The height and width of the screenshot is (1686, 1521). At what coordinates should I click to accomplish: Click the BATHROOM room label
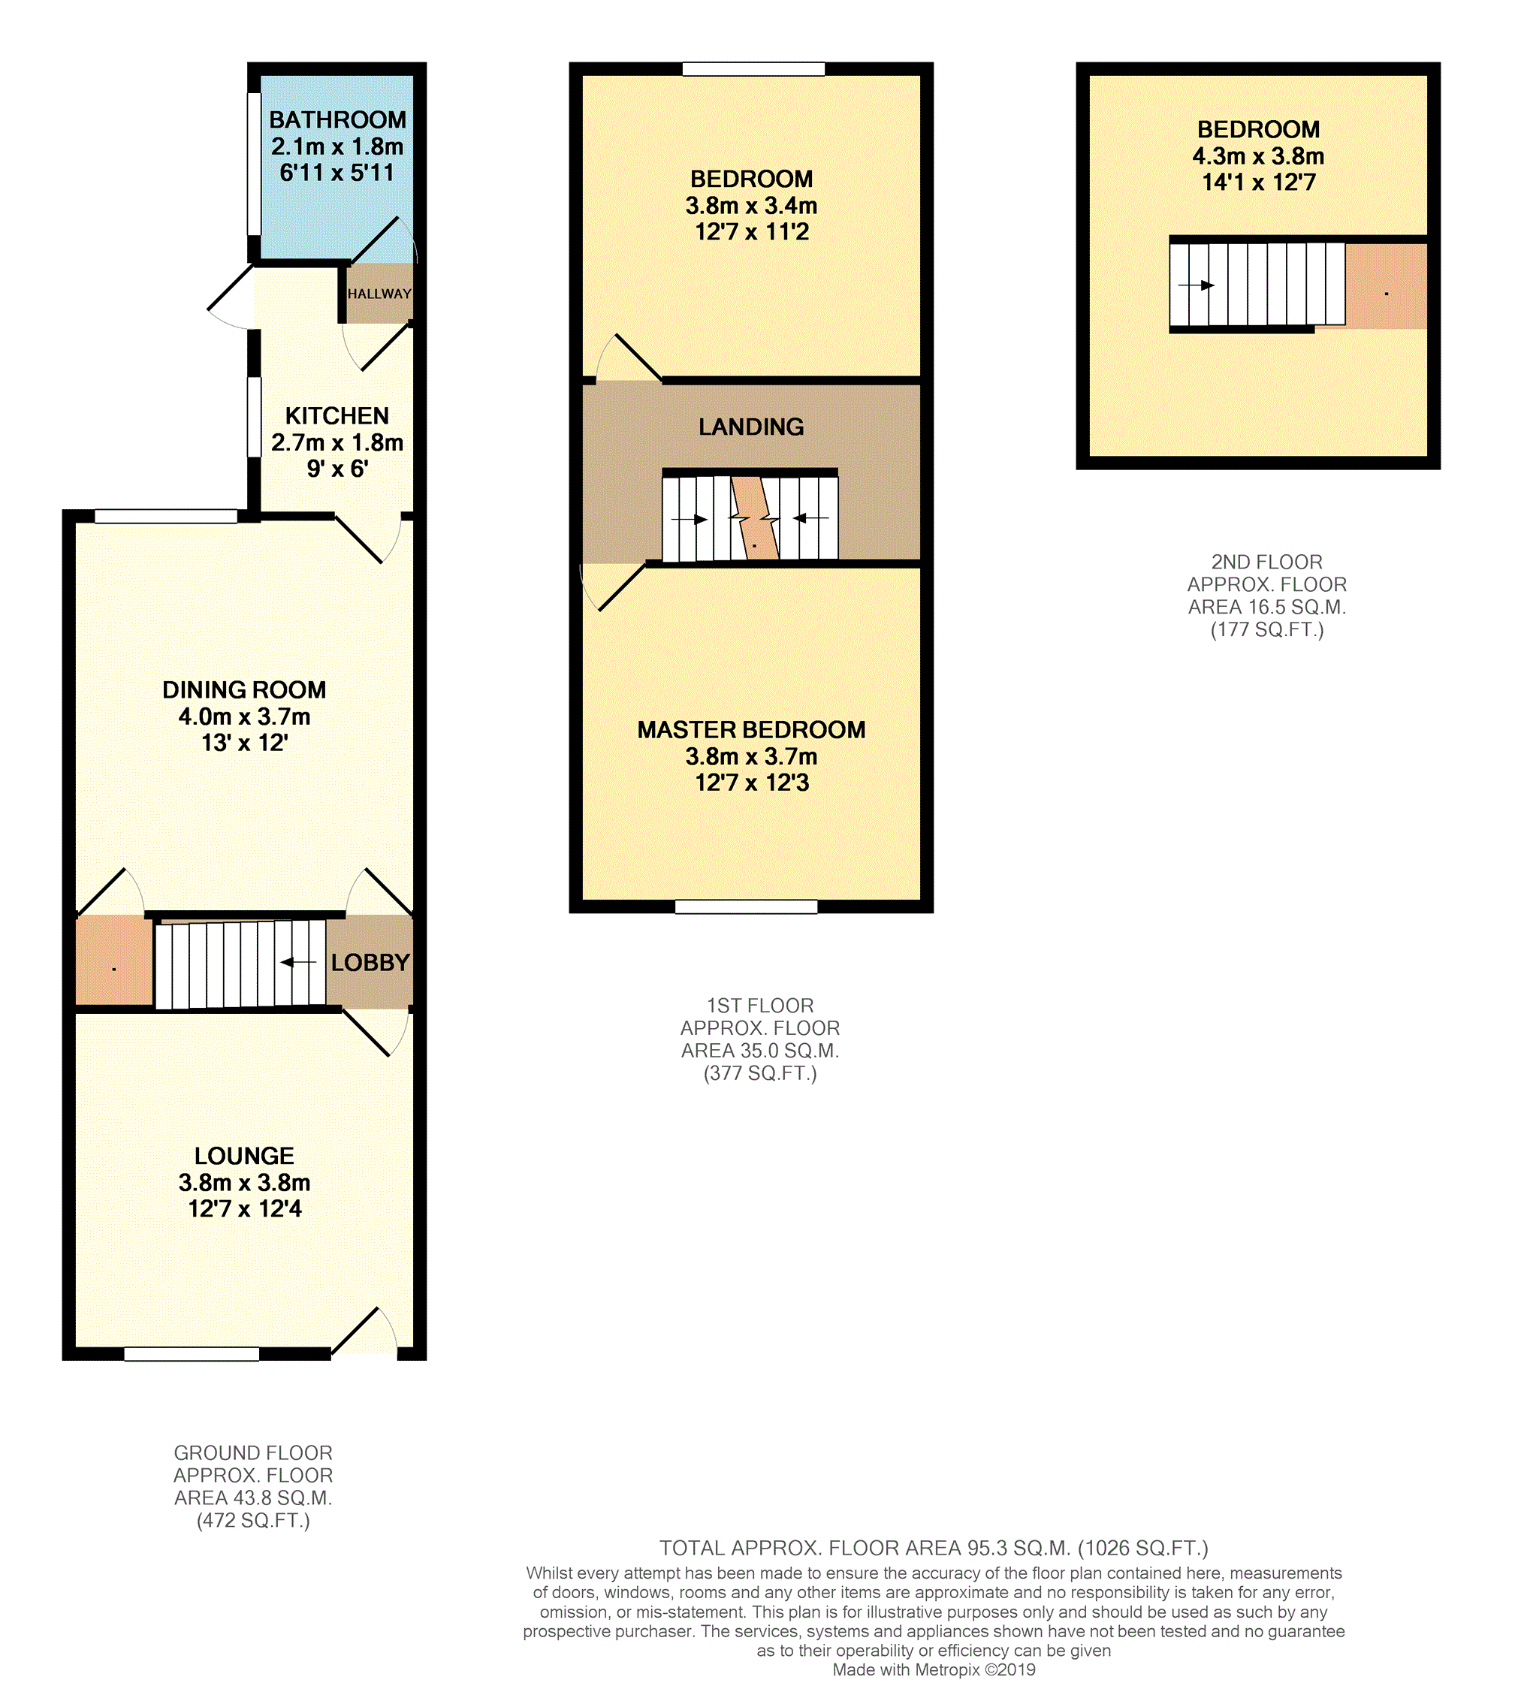point(338,120)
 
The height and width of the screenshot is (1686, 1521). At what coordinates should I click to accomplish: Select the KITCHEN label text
point(336,416)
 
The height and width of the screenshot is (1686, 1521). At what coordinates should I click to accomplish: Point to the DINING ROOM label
point(244,690)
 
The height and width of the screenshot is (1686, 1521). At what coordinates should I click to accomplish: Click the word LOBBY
point(370,963)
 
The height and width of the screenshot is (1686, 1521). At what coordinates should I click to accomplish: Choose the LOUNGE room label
point(244,1157)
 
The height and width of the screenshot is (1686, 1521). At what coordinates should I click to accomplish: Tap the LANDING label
point(751,427)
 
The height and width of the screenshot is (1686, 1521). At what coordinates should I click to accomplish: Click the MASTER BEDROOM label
point(751,730)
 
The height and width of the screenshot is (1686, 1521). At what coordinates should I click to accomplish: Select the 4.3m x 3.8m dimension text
point(1259,156)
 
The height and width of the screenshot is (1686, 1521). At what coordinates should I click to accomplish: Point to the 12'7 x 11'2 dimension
point(752,232)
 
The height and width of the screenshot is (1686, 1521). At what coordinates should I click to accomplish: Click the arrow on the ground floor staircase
point(298,963)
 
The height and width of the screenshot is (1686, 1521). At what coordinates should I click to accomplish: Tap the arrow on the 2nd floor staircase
point(1197,285)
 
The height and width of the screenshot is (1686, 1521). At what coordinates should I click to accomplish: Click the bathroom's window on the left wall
point(254,164)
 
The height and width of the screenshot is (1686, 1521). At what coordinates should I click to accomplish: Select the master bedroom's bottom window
point(747,907)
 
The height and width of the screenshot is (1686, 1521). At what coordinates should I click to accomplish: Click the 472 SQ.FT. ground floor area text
point(253,1521)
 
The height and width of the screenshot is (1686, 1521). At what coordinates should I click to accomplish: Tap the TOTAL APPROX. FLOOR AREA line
point(934,1548)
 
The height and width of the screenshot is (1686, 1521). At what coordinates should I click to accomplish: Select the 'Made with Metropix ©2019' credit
point(934,1670)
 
